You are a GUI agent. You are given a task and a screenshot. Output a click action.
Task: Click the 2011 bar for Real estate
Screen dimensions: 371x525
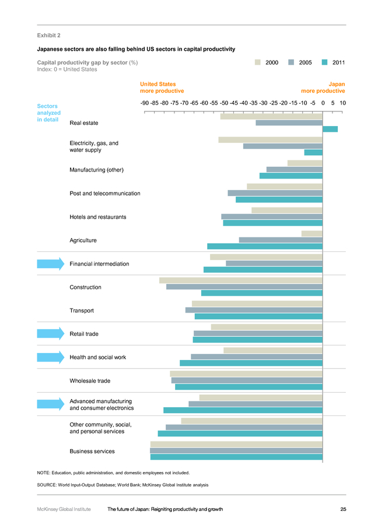tap(330, 129)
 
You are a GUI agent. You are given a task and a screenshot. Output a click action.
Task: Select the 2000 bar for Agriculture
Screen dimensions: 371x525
tap(311, 234)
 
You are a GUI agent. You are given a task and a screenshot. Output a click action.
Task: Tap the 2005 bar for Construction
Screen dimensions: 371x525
tap(244, 286)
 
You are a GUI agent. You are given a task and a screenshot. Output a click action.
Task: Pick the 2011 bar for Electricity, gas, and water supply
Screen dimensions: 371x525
tap(313, 152)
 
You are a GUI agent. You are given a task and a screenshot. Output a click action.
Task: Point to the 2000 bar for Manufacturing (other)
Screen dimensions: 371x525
tap(305, 163)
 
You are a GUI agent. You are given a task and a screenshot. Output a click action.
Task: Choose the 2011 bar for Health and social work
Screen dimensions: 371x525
tap(251, 363)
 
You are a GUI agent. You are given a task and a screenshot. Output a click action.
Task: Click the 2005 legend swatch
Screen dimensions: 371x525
tap(291, 62)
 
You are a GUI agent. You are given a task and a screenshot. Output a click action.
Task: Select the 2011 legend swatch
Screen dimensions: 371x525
tap(324, 62)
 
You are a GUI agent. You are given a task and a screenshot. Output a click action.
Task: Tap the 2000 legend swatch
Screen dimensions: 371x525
tap(257, 62)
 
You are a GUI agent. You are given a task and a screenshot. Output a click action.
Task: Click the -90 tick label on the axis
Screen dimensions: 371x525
tap(144, 103)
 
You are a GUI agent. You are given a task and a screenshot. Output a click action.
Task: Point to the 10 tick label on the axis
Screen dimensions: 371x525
tap(342, 103)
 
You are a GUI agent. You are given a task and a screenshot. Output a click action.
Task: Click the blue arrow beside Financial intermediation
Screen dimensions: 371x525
tap(51, 264)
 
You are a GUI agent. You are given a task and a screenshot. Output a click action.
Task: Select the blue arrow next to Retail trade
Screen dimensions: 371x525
tap(51, 334)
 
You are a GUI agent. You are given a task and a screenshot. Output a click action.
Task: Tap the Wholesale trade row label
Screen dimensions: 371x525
tap(90, 381)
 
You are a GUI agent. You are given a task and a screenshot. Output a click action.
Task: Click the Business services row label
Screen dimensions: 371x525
tap(92, 452)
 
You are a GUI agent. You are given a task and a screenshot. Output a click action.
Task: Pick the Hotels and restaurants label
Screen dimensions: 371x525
tap(98, 217)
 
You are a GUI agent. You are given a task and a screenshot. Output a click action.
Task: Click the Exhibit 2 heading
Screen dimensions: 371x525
tap(48, 36)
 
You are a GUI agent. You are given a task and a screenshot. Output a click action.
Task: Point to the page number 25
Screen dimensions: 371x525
tap(343, 509)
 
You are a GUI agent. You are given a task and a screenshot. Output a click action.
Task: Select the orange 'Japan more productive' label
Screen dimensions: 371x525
tap(323, 87)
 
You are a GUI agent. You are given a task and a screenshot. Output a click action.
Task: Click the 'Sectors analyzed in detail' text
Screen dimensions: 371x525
tap(48, 113)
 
